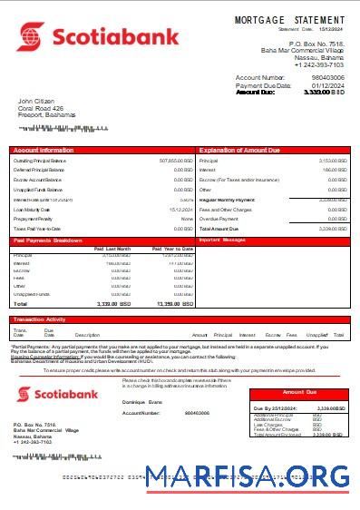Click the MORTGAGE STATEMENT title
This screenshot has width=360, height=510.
tap(289, 19)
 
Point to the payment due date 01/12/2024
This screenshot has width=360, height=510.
tap(327, 85)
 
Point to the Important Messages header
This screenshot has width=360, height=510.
tap(223, 240)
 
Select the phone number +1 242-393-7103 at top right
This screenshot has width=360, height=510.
tap(319, 64)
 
